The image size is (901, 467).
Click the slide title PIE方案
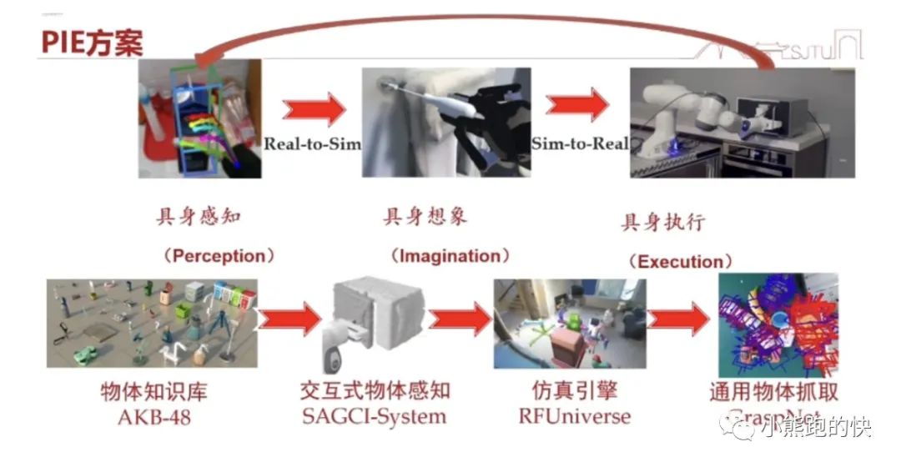[x=92, y=42]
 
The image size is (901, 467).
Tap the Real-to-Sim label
[x=312, y=143]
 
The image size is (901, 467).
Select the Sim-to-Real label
[x=580, y=143]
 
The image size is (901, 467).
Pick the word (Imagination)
[x=450, y=255]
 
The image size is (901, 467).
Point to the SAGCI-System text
[x=373, y=415]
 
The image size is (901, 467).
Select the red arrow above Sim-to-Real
[x=577, y=105]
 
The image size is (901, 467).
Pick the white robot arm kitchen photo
[x=742, y=122]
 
